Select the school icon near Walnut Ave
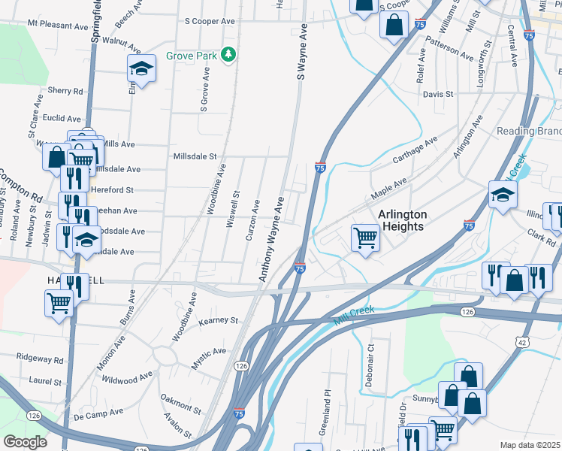(x=140, y=69)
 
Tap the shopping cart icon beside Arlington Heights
(x=365, y=238)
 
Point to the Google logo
(x=25, y=442)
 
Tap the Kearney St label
(x=218, y=320)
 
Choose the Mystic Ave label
(x=208, y=357)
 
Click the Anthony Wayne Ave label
(x=271, y=240)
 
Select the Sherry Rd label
(x=65, y=91)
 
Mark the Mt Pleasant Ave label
(x=58, y=25)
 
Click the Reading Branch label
(x=529, y=131)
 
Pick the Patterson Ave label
(x=449, y=47)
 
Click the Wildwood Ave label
(x=127, y=377)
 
